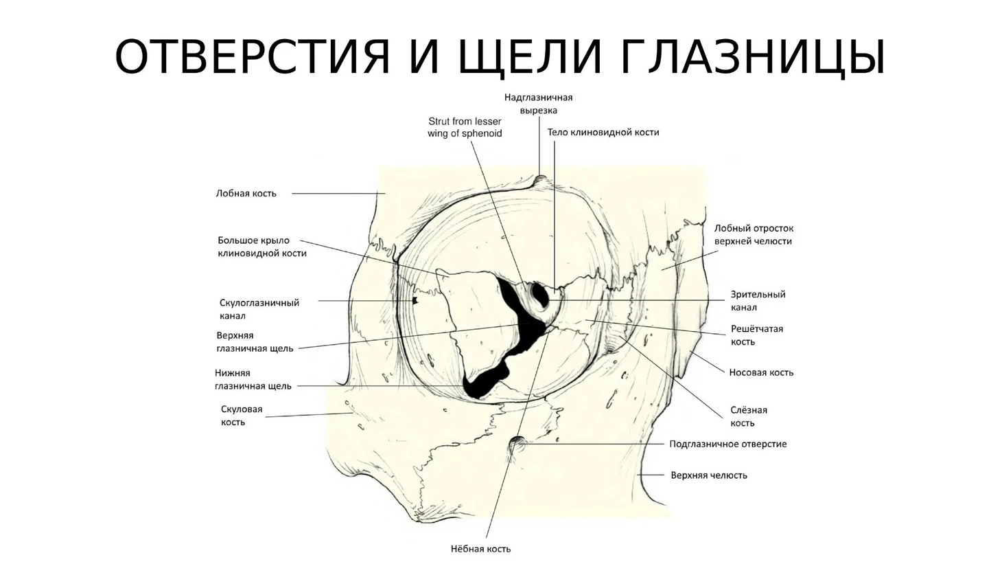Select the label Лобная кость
(x=246, y=194)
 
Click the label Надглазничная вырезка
(x=538, y=104)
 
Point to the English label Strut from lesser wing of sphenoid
(x=465, y=127)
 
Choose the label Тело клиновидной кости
(x=603, y=133)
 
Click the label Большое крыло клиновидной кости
(x=261, y=247)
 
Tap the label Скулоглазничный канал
(x=259, y=309)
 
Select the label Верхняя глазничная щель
(x=254, y=342)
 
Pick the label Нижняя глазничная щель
(x=253, y=379)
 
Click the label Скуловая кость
(x=242, y=416)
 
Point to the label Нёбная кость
(x=480, y=549)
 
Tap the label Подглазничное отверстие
(x=727, y=444)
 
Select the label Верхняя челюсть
(x=708, y=475)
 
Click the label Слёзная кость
(x=748, y=416)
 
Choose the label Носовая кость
(x=760, y=372)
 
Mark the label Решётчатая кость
(x=756, y=335)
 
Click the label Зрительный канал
(x=758, y=301)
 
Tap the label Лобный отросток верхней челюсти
(x=753, y=234)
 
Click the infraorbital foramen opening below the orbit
(x=516, y=444)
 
